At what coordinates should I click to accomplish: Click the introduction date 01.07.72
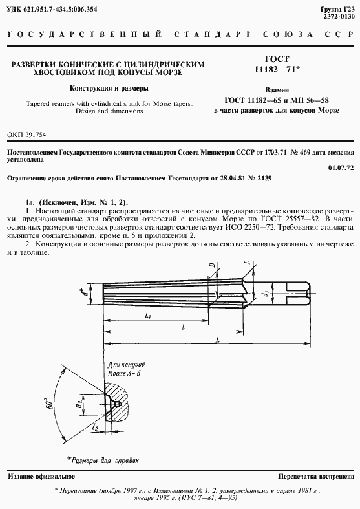[341, 168]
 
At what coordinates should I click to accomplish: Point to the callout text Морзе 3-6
[127, 374]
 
